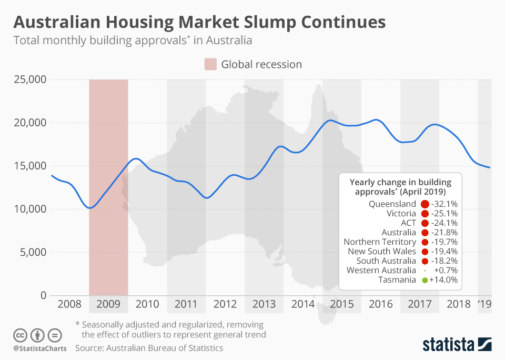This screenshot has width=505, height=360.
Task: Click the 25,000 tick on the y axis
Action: point(29,79)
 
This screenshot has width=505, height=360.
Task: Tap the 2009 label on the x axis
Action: point(108,304)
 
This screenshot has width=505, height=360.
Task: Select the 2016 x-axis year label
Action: point(381,304)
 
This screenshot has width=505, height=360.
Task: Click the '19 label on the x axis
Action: point(483,304)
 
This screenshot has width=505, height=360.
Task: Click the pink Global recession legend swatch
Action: point(210,65)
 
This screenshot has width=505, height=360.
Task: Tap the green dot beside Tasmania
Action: point(424,280)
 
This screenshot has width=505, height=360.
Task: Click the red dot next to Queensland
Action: point(425,204)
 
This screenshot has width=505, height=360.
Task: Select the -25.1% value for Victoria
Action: point(444,214)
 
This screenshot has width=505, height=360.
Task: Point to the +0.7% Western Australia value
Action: point(446,271)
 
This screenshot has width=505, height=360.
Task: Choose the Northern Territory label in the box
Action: point(380,242)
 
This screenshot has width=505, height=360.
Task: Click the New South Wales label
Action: point(382,252)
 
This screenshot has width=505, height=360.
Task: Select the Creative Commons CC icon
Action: point(20,335)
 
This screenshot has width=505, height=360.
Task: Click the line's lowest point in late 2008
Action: point(90,208)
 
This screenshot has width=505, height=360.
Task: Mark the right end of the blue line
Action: point(490,168)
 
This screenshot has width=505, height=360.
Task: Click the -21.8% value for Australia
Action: point(444,233)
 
